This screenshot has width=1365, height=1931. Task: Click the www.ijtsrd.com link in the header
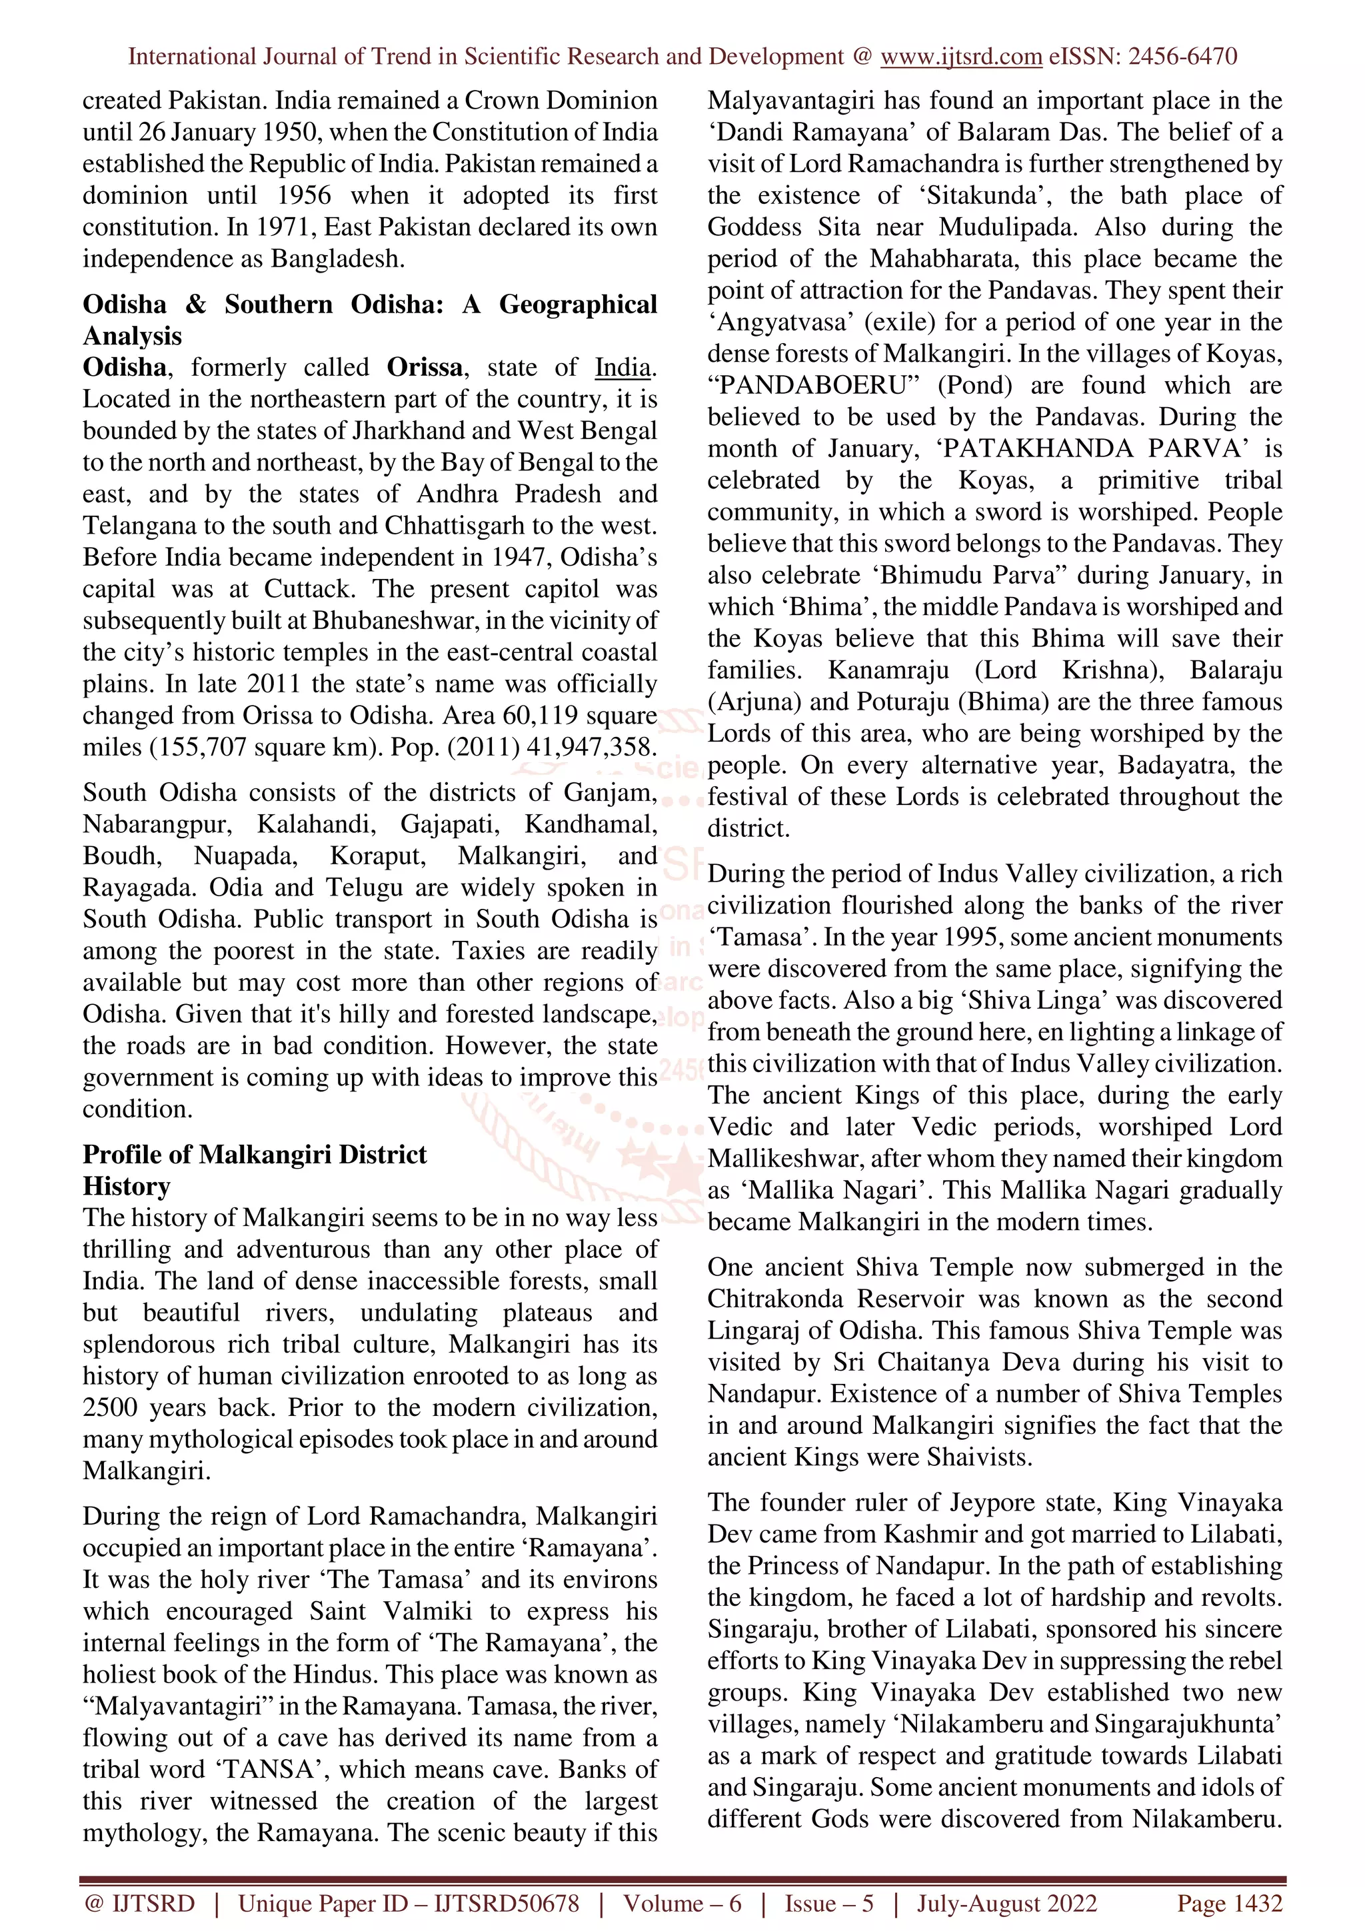tap(960, 57)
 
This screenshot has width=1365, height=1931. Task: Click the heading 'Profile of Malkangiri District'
tap(254, 1155)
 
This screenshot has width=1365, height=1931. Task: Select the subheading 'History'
tap(126, 1187)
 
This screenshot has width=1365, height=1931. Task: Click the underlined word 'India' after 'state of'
tap(623, 368)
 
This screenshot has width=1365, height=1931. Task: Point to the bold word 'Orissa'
tap(425, 368)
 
